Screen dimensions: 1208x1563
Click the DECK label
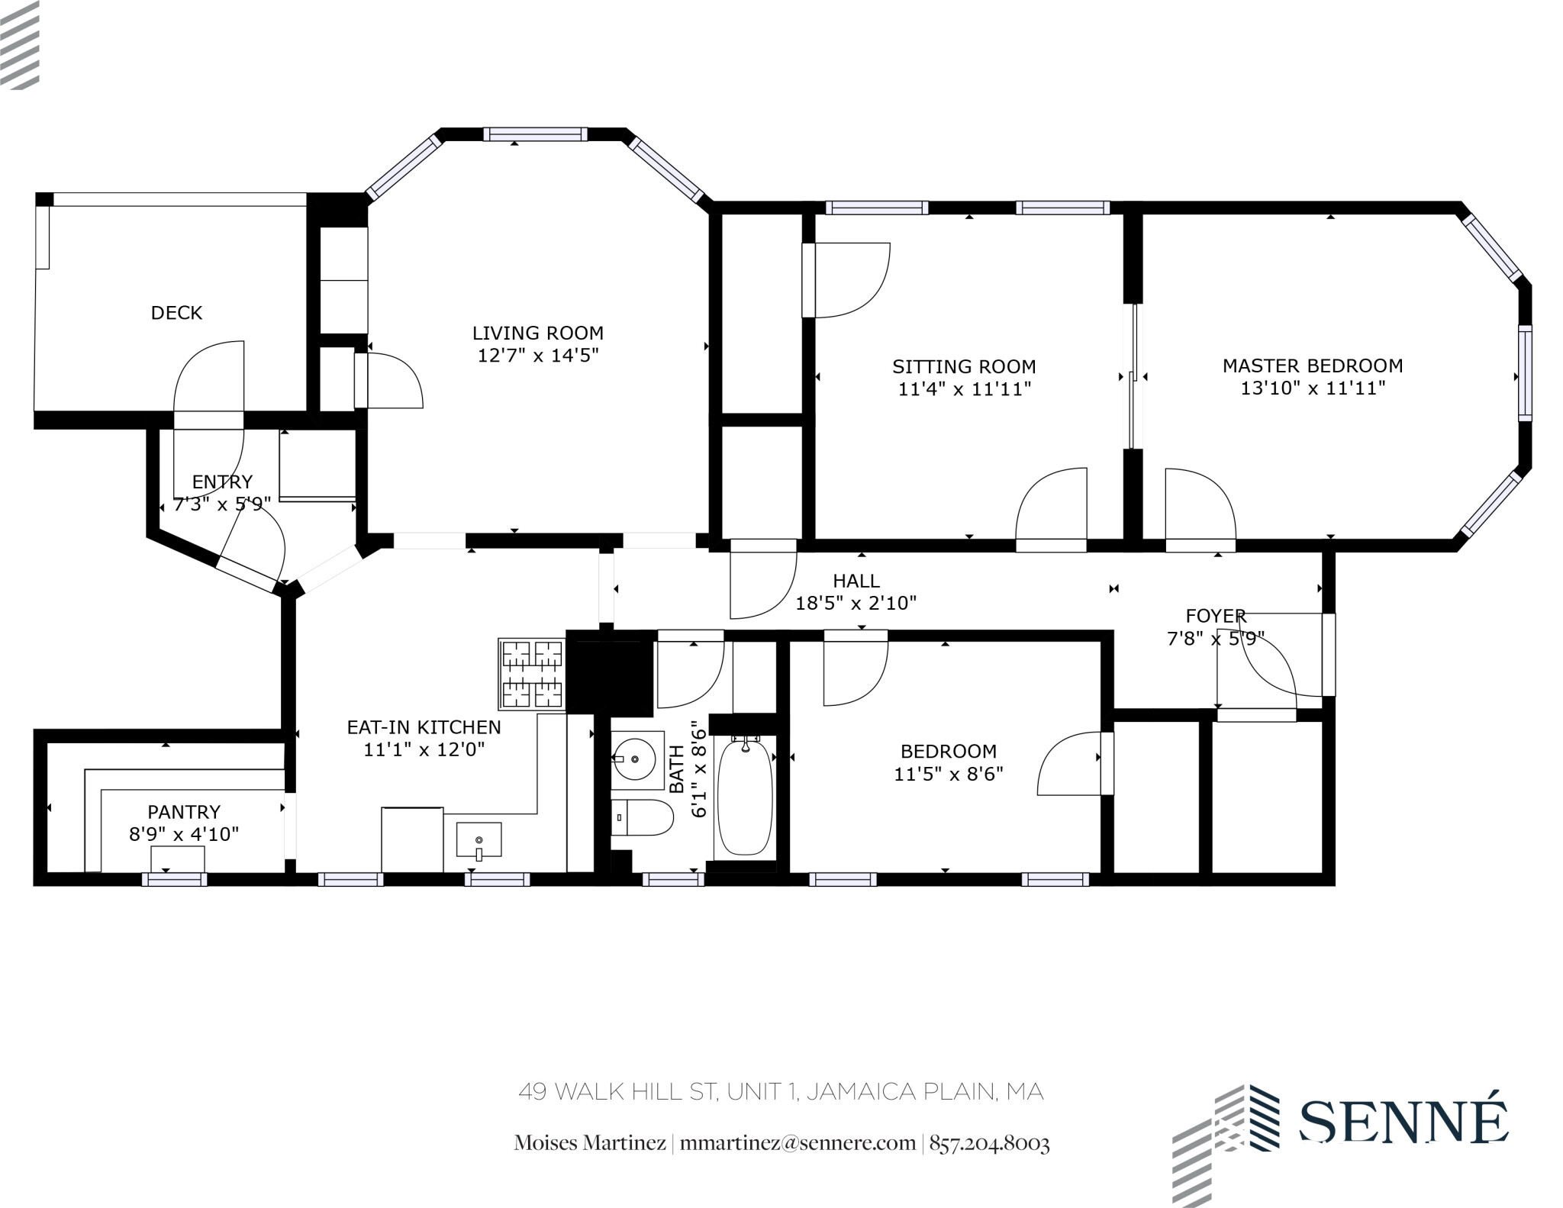click(x=176, y=313)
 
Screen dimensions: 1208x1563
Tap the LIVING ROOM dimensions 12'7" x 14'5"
click(x=538, y=356)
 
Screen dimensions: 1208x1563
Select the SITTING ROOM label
click(x=964, y=367)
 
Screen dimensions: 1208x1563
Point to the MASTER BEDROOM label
click(x=1313, y=366)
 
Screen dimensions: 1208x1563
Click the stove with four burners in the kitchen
click(x=532, y=674)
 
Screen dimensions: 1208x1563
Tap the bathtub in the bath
click(x=745, y=797)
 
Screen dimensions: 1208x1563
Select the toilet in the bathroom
click(x=643, y=818)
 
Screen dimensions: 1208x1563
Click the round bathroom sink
click(x=636, y=760)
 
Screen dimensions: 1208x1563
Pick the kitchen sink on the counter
click(x=479, y=840)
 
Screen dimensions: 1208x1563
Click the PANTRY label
click(x=184, y=812)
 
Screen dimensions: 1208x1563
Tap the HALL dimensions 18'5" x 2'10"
click(x=856, y=604)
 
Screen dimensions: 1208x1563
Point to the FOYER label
click(x=1216, y=616)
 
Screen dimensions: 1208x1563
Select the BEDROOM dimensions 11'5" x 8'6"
click(x=948, y=774)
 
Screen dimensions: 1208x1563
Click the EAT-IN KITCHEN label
click(x=424, y=727)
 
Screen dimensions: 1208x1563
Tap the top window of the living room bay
click(x=535, y=134)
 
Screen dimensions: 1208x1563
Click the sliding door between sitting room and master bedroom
click(x=1135, y=376)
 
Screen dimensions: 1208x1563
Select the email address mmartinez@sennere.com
click(x=797, y=1143)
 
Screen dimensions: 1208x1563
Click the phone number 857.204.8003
click(x=989, y=1143)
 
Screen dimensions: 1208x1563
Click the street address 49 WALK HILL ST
click(x=618, y=1092)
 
